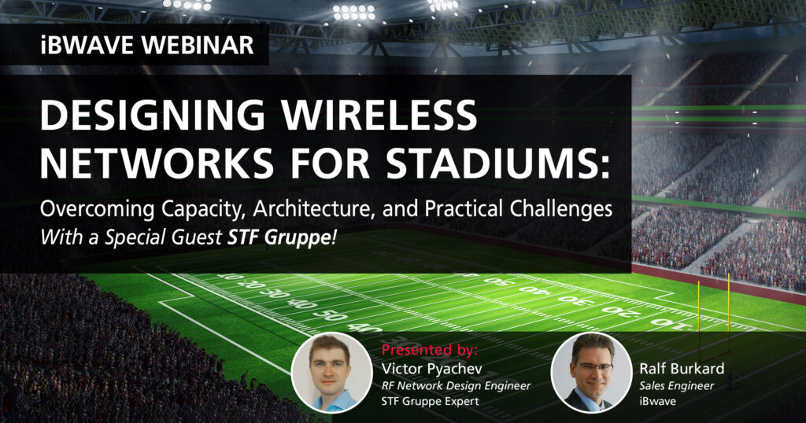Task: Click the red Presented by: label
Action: (x=429, y=348)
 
